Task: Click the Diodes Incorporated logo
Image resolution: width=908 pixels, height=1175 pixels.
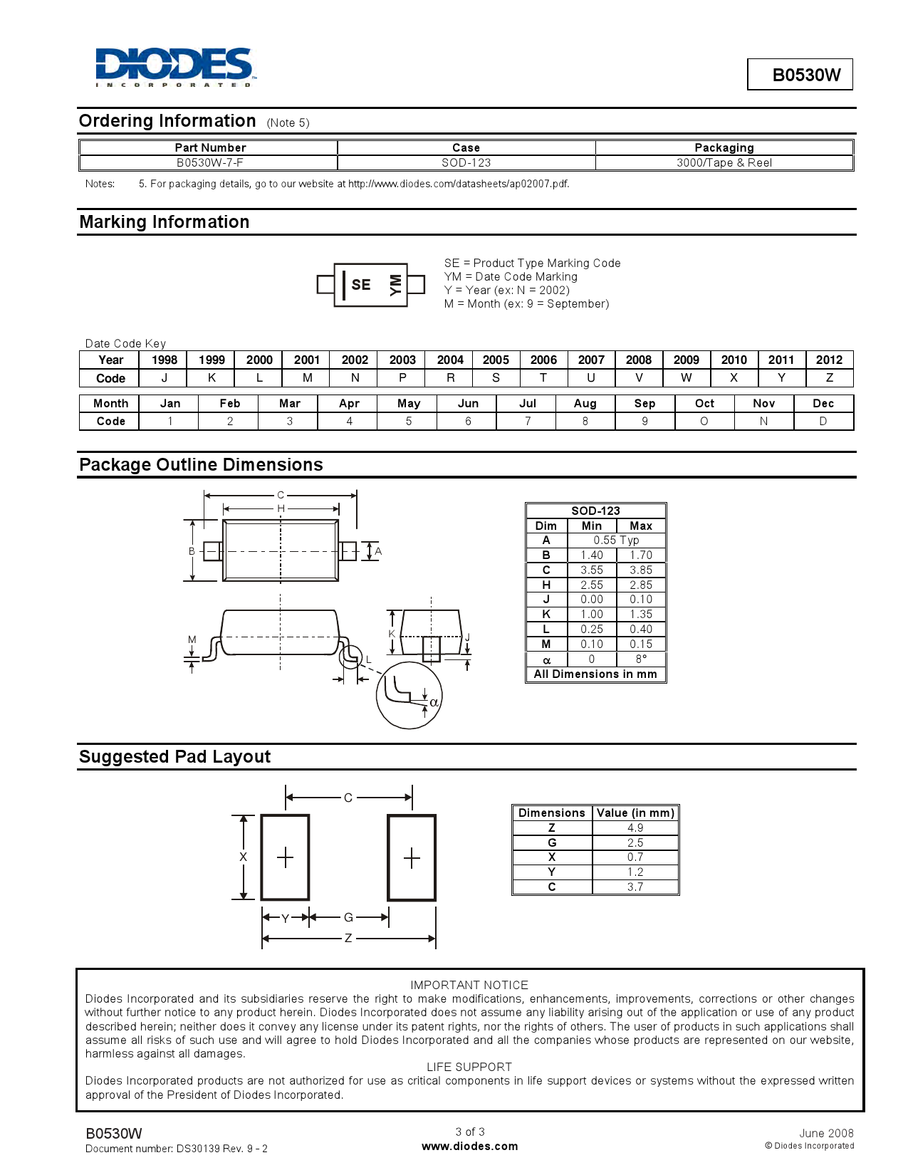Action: click(x=175, y=67)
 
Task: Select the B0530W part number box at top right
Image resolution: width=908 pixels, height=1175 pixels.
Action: click(x=799, y=75)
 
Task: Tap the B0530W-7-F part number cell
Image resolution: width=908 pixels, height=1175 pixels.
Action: click(x=209, y=162)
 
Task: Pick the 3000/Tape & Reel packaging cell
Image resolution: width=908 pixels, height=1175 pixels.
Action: click(x=724, y=162)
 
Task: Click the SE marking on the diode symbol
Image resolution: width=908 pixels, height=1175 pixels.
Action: click(x=361, y=285)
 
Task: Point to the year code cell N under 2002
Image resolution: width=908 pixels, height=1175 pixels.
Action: click(x=355, y=378)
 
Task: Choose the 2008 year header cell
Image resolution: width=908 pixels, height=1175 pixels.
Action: click(x=638, y=360)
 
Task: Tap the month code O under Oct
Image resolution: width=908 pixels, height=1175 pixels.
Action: click(x=704, y=421)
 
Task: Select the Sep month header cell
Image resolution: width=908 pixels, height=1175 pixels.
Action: click(x=645, y=403)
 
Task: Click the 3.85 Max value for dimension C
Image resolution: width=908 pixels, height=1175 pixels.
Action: click(x=640, y=570)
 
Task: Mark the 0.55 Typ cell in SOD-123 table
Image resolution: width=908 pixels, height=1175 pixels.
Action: click(x=616, y=540)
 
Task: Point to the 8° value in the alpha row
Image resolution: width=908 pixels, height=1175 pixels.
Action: click(x=640, y=659)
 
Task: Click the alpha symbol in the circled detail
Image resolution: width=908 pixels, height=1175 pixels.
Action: click(x=434, y=703)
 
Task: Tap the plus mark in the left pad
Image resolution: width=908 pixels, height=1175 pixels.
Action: click(x=285, y=857)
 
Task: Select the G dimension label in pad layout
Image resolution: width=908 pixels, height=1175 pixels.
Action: click(x=348, y=917)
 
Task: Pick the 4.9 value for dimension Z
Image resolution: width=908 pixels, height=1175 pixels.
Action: click(x=635, y=827)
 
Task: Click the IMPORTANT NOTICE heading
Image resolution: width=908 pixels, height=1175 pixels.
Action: click(x=469, y=985)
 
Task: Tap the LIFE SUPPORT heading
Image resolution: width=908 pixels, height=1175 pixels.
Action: click(x=469, y=1067)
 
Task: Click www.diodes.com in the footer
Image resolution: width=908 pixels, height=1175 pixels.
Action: click(x=469, y=1147)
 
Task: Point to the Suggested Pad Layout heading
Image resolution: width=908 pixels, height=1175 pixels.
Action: click(x=174, y=756)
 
